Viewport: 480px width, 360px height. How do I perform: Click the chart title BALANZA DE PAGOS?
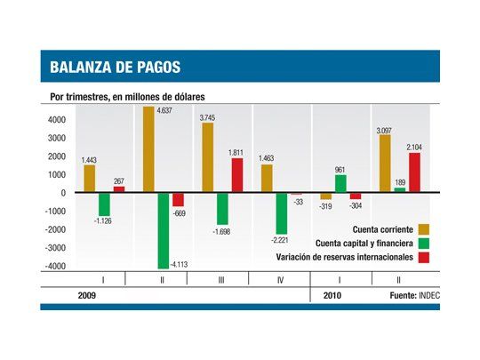(115, 68)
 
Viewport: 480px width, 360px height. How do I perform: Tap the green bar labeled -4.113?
(164, 229)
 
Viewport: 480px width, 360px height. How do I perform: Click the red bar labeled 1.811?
(237, 175)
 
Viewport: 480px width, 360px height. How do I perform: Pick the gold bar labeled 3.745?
(207, 157)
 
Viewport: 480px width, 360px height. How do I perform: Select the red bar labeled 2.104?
(414, 172)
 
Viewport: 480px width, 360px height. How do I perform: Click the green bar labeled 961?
(340, 183)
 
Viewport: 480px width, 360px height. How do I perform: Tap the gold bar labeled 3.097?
(385, 164)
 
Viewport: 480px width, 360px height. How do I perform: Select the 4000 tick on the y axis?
(56, 119)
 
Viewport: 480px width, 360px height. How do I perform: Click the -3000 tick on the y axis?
(54, 248)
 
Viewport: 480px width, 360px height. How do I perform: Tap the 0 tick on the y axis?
(62, 193)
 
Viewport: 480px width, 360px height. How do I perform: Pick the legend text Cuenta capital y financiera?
(364, 242)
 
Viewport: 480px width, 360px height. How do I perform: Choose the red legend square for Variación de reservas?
(423, 257)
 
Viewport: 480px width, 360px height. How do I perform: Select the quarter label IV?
(281, 279)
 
